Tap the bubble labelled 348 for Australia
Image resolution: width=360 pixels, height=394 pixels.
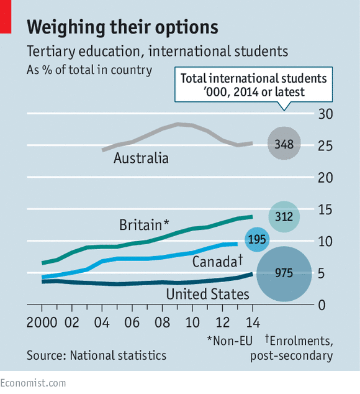(x=284, y=144)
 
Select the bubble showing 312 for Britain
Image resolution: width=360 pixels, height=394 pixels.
(x=284, y=216)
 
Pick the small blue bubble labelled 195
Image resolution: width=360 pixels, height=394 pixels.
(x=257, y=239)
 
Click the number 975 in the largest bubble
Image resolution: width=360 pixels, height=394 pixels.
(x=284, y=273)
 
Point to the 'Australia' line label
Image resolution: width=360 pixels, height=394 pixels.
(x=141, y=158)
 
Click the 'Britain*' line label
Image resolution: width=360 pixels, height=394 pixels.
(x=144, y=224)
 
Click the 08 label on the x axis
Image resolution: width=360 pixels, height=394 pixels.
(x=162, y=324)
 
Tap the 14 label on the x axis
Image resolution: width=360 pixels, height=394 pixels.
(x=252, y=324)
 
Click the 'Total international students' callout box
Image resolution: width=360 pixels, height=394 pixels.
(x=253, y=85)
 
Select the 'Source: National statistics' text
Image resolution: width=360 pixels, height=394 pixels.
(x=96, y=355)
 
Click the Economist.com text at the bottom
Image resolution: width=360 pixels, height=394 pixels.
(x=33, y=383)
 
